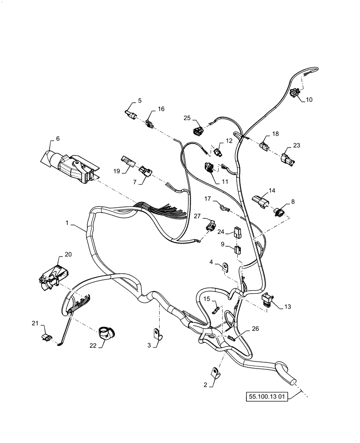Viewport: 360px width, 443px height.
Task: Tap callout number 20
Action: click(x=68, y=254)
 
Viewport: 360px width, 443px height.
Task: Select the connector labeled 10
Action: click(x=296, y=93)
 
